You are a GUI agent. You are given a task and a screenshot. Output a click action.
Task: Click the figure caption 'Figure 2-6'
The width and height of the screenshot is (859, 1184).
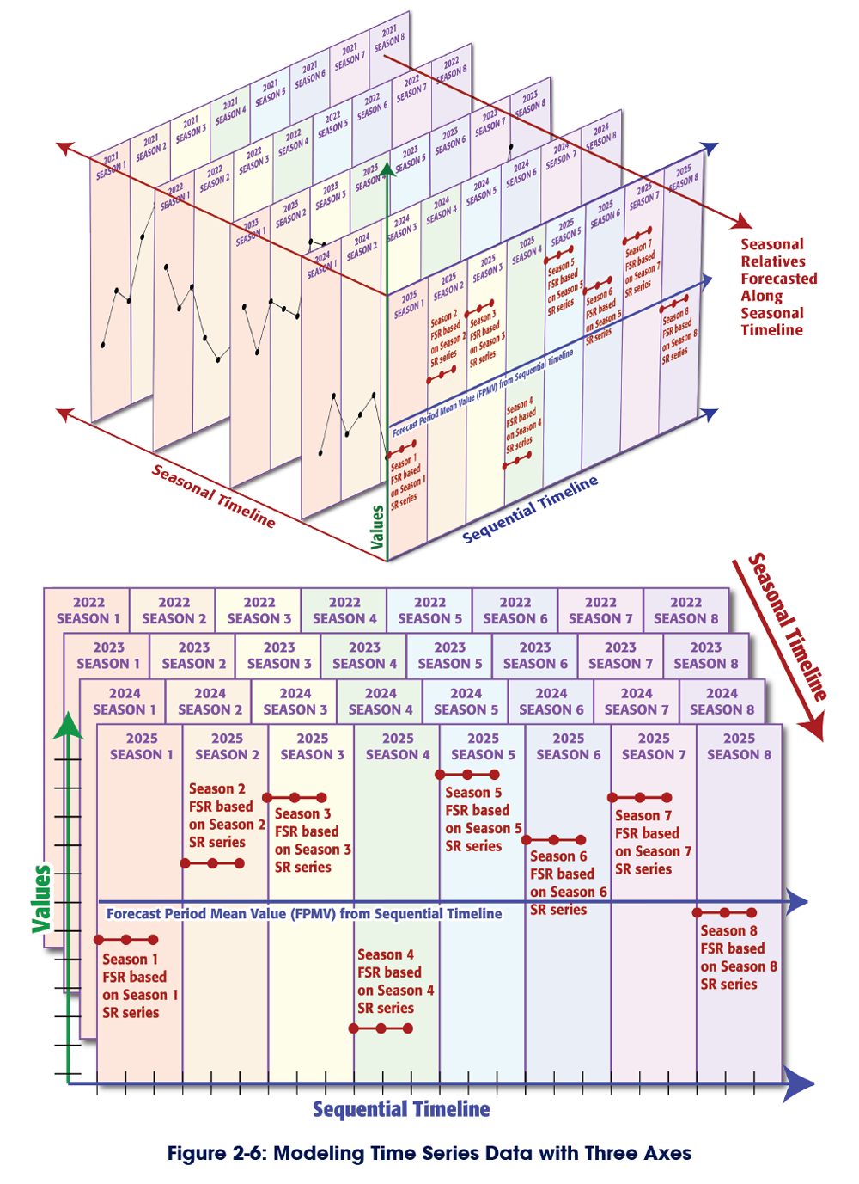coord(429,1153)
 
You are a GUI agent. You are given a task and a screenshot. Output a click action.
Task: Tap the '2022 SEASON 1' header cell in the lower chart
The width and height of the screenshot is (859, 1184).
coord(88,610)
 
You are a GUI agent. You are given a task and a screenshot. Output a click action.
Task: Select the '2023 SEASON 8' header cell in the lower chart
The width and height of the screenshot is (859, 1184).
coord(705,655)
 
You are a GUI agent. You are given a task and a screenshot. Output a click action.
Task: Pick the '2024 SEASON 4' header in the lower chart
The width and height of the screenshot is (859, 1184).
coord(381,701)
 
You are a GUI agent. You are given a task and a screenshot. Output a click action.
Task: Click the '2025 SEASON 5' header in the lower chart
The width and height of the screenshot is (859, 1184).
coord(483,746)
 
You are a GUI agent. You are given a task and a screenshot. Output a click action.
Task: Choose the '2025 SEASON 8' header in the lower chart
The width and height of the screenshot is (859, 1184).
coord(739,746)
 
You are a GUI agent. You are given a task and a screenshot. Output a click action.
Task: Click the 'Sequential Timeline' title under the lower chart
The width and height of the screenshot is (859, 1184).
coord(401,1109)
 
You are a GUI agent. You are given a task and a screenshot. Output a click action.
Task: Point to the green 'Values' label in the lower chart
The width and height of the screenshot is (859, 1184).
coord(41,899)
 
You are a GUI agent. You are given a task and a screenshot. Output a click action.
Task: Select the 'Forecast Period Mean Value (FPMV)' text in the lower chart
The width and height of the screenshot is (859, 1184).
coord(304,914)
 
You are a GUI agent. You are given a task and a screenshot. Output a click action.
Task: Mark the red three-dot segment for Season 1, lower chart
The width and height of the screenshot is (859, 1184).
coord(126,940)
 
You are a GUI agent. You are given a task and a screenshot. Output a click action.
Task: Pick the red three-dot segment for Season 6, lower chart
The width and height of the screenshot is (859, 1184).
coord(554,839)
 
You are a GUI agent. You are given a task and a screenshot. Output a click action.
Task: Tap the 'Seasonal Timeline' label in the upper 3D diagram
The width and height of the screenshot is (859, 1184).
coord(214,496)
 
